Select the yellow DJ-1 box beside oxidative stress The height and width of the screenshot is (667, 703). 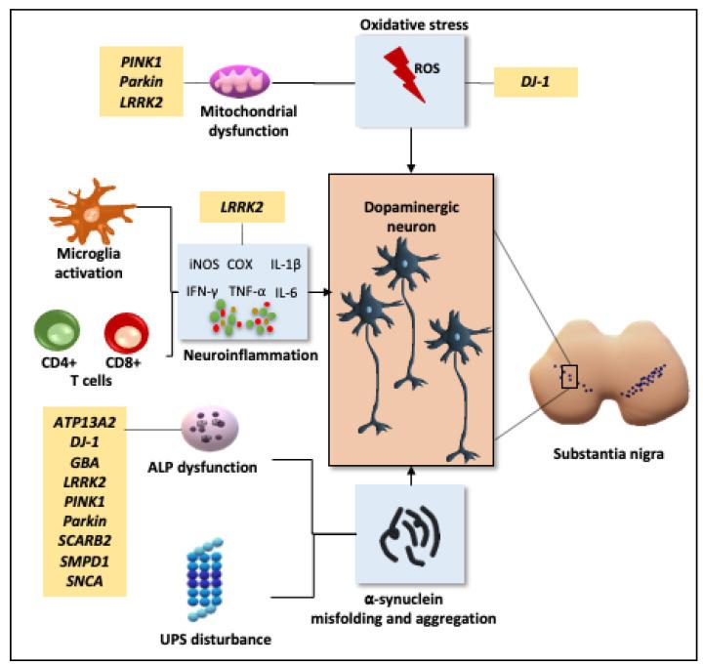click(536, 82)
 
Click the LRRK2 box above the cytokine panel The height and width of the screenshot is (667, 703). click(242, 206)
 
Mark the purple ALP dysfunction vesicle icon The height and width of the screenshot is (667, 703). click(209, 430)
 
